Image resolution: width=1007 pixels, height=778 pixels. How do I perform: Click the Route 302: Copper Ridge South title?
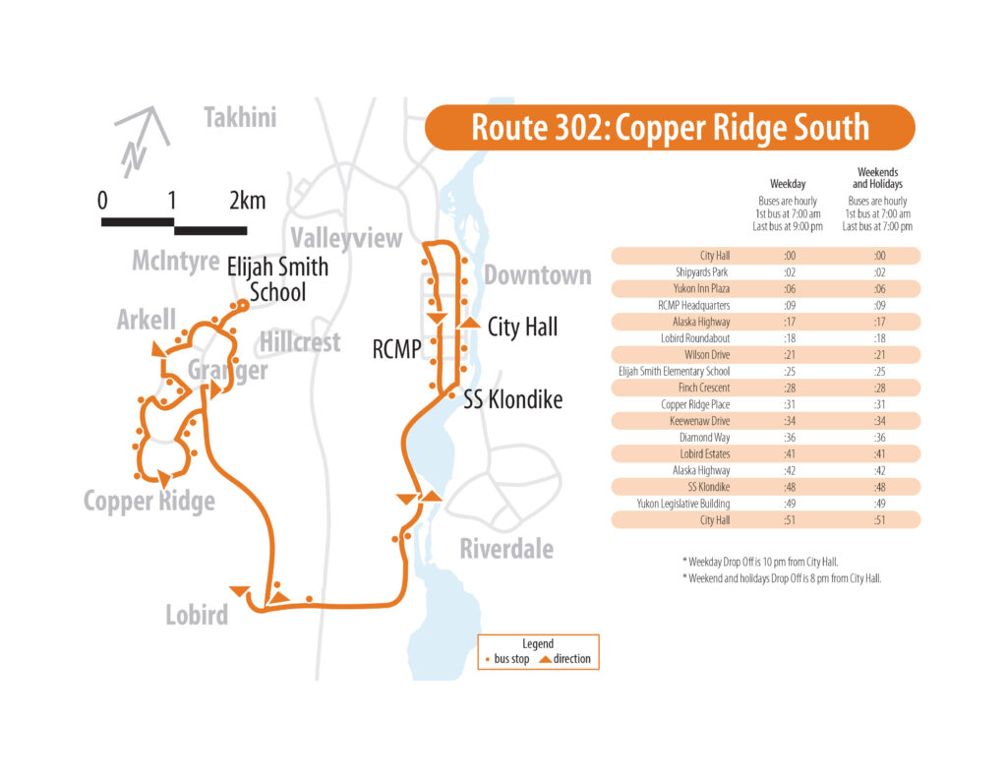point(670,128)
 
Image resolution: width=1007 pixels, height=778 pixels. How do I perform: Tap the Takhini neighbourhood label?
point(240,119)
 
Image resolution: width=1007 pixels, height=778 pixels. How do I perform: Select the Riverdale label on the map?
point(506,549)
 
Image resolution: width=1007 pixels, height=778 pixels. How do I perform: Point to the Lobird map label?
point(197,616)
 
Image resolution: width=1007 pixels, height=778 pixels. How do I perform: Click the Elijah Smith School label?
point(277,279)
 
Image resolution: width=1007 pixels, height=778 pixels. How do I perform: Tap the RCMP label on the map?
point(396,348)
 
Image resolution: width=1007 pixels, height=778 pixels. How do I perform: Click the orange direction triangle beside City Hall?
point(470,324)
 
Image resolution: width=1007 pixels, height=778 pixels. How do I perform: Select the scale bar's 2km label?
point(247,201)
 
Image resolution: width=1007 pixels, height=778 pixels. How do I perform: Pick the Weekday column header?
point(787,184)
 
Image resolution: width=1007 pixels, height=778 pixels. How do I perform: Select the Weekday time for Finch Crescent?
point(788,389)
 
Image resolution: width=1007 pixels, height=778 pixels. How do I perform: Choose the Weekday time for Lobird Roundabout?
point(788,338)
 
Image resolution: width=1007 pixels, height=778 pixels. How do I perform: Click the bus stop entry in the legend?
point(507,658)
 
